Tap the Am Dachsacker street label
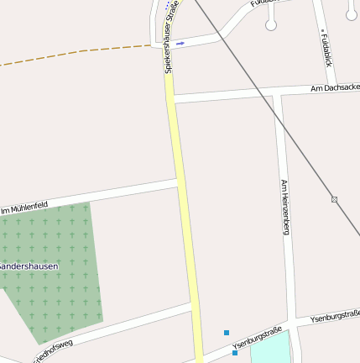click(x=334, y=87)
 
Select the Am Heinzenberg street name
click(x=284, y=207)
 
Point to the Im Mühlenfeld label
click(x=23, y=207)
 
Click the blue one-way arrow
click(x=180, y=43)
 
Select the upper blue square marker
click(x=227, y=333)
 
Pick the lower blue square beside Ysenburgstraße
click(x=235, y=353)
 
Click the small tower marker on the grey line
click(x=334, y=199)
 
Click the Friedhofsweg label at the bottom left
click(x=52, y=351)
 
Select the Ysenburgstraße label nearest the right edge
click(x=334, y=317)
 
